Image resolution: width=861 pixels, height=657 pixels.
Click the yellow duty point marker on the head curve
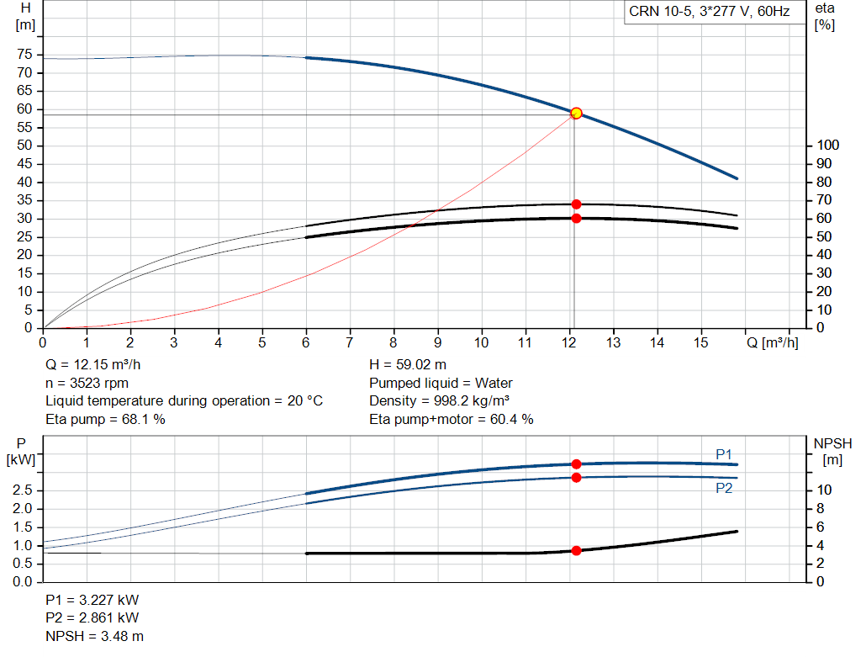pyautogui.click(x=576, y=113)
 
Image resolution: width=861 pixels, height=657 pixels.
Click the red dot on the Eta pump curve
pyautogui.click(x=576, y=204)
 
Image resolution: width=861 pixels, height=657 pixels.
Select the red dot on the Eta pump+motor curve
pyautogui.click(x=576, y=218)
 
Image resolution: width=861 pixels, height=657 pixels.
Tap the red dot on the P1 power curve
pyautogui.click(x=576, y=464)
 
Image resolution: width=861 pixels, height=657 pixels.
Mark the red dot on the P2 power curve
pyautogui.click(x=576, y=477)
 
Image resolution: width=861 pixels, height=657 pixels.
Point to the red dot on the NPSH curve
pyautogui.click(x=576, y=550)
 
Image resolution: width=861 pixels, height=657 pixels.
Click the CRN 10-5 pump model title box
pyautogui.click(x=709, y=12)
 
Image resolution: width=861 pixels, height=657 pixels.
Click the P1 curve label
pyautogui.click(x=723, y=454)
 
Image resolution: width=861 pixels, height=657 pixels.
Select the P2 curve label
pyautogui.click(x=723, y=488)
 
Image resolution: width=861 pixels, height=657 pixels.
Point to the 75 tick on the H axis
pyautogui.click(x=24, y=55)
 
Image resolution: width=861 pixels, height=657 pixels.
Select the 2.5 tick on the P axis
pyautogui.click(x=23, y=490)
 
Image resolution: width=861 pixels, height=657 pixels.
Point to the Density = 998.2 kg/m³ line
pyautogui.click(x=440, y=400)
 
